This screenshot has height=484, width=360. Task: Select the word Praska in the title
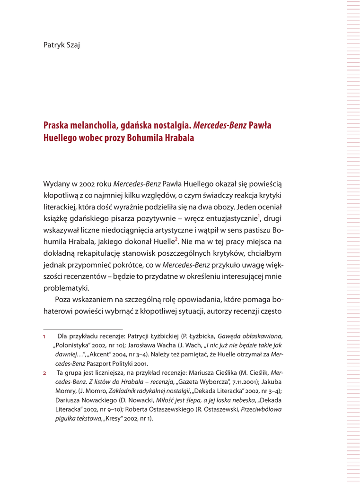pos(55,126)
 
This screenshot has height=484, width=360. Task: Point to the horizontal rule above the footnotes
pos(83,328)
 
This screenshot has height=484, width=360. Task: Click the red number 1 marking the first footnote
pos(44,337)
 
